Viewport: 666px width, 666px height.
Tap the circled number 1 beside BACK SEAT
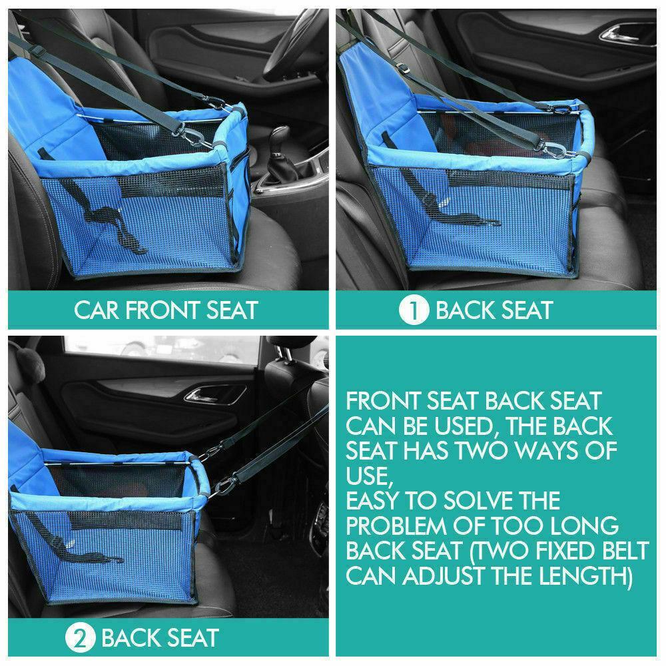[414, 310]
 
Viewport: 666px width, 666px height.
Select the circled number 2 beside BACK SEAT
[80, 639]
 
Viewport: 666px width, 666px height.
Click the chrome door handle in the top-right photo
[620, 34]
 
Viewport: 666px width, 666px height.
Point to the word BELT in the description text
[626, 551]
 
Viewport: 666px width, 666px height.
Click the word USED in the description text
[464, 426]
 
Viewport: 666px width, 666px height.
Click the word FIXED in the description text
[565, 551]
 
